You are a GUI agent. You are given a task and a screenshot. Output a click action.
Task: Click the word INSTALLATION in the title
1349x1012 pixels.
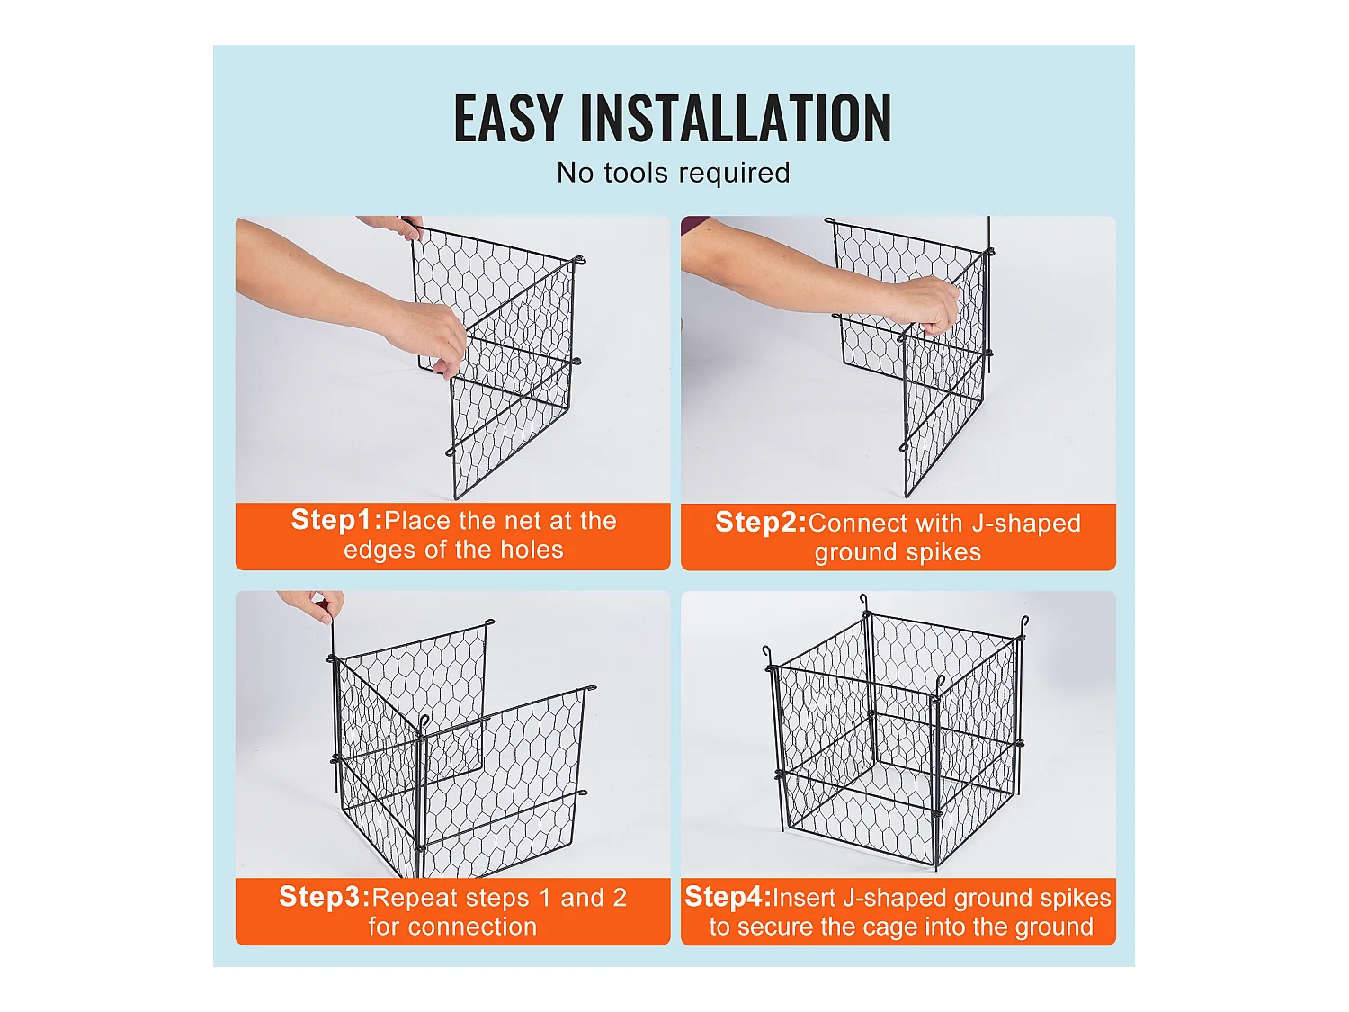pos(736,119)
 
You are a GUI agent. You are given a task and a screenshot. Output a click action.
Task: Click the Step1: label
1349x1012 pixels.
pos(336,520)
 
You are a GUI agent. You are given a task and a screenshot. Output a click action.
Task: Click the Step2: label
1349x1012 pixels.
pos(761,523)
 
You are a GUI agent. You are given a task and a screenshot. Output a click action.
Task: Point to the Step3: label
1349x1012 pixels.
pos(324,897)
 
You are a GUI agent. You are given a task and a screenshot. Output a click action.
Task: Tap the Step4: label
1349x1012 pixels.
pos(728,897)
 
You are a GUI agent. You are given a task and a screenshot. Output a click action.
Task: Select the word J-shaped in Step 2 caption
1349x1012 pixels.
pos(1026,524)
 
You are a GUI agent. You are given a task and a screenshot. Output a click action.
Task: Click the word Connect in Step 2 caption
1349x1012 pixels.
pos(858,524)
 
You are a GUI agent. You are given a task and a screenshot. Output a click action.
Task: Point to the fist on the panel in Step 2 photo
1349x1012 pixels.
pos(931,304)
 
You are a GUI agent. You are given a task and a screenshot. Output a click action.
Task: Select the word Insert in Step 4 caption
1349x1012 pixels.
pos(805,898)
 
